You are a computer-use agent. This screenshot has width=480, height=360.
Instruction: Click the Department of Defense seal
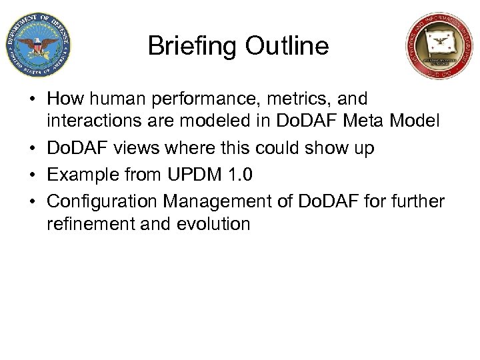(37, 45)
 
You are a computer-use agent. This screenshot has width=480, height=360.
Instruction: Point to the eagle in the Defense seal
(37, 45)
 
